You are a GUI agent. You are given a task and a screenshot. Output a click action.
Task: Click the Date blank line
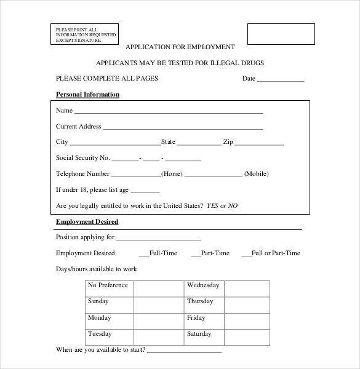(281, 81)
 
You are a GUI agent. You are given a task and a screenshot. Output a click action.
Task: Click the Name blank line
(168, 113)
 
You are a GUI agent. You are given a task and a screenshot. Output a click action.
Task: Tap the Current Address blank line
(183, 129)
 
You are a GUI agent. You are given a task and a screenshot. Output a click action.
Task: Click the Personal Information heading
(87, 95)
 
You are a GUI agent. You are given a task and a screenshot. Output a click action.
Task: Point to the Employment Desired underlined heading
(87, 222)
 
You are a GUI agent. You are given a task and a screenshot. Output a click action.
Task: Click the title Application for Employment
(180, 47)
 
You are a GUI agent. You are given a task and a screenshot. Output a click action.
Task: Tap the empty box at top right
(281, 34)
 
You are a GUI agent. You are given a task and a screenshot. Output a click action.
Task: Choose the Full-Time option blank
(143, 254)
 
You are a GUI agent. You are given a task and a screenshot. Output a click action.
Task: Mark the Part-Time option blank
(196, 254)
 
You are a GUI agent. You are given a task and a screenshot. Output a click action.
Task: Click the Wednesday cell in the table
(203, 285)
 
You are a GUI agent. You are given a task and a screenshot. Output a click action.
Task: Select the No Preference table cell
(108, 285)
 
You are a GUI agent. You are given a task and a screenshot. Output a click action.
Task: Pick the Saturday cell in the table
(199, 335)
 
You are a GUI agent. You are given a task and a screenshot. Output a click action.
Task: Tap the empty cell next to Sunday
(159, 302)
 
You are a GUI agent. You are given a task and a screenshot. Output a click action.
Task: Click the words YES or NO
(222, 205)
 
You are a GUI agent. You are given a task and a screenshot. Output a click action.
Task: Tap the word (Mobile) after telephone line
(257, 174)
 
